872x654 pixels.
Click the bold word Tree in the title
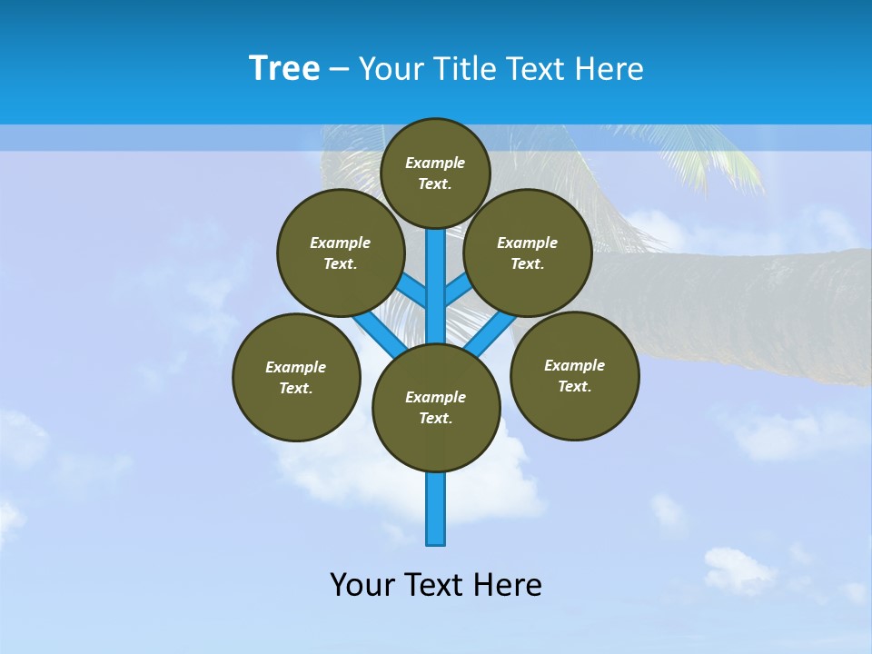click(284, 69)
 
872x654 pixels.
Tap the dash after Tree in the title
click(338, 70)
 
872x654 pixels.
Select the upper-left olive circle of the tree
click(340, 253)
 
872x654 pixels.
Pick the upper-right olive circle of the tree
click(528, 253)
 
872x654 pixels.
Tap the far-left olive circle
click(296, 377)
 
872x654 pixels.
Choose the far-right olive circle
click(574, 375)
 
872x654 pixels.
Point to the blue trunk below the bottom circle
click(436, 509)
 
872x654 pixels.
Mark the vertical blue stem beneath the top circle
click(436, 263)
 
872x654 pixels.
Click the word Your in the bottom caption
click(362, 585)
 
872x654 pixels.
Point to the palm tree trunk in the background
click(745, 309)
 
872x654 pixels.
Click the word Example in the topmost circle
click(435, 163)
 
